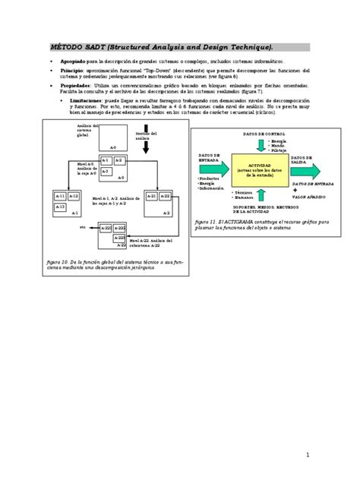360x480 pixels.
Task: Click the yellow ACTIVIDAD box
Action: (260, 172)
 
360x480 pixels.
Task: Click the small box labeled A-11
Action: (60, 196)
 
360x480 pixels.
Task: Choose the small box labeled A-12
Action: (73, 196)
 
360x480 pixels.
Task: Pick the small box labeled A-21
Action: (151, 196)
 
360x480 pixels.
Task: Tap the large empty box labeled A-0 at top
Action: (112, 137)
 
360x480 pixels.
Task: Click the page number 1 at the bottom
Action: (309, 454)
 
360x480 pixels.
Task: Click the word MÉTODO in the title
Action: (64, 46)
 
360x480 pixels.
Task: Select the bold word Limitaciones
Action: (81, 99)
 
